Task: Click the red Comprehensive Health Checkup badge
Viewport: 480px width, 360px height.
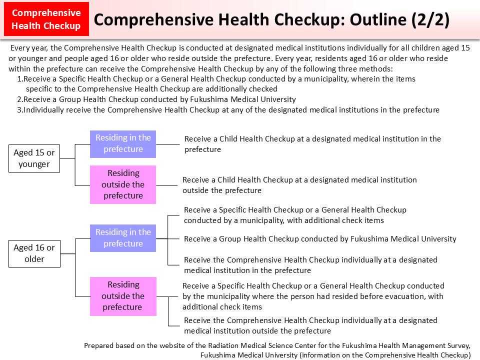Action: pyautogui.click(x=46, y=19)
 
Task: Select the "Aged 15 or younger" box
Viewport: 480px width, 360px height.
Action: pyautogui.click(x=34, y=158)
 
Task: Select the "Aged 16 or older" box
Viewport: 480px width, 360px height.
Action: pyautogui.click(x=34, y=253)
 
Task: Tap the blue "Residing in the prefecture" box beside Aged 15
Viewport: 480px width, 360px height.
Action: pyautogui.click(x=123, y=143)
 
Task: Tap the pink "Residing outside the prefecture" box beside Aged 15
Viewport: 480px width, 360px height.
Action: pyautogui.click(x=123, y=184)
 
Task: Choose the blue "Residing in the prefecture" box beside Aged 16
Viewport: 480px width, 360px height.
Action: pyautogui.click(x=123, y=238)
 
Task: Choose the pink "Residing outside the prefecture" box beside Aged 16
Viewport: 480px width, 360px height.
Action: pyautogui.click(x=123, y=296)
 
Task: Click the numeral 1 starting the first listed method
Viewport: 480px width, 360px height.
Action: pyautogui.click(x=19, y=79)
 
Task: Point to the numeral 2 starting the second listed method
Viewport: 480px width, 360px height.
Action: pyautogui.click(x=19, y=99)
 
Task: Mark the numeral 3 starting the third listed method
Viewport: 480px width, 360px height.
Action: pyautogui.click(x=19, y=110)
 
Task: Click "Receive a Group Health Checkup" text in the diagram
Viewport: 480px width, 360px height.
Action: pyautogui.click(x=320, y=239)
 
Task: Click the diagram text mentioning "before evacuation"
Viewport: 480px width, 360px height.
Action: pyautogui.click(x=313, y=296)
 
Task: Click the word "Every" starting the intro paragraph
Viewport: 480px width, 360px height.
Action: pyautogui.click(x=20, y=48)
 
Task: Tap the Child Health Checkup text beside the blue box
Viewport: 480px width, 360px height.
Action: pyautogui.click(x=312, y=144)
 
